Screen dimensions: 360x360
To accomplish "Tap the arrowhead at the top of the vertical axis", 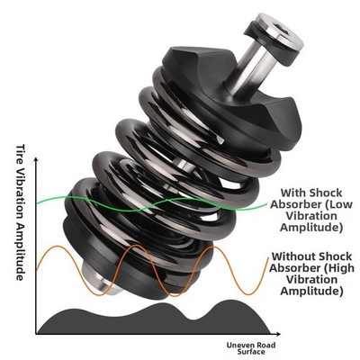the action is tap(36, 159).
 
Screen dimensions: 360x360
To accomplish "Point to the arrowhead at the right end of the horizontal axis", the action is tap(278, 334).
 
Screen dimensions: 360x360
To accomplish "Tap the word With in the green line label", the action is tap(292, 193).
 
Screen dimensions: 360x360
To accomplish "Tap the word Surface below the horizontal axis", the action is tap(251, 352).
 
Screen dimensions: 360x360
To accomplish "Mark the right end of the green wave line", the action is tap(266, 204).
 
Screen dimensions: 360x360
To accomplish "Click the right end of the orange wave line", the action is tap(268, 258).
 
